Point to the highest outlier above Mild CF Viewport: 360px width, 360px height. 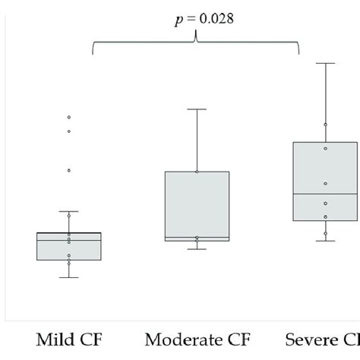[x=68, y=117]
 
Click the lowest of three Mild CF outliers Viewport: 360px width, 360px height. [x=68, y=170]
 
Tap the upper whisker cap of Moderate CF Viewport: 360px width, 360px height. [x=197, y=109]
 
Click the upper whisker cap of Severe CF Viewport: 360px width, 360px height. [x=325, y=63]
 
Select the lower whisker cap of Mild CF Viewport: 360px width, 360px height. [x=68, y=277]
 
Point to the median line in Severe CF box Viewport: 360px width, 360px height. [x=325, y=194]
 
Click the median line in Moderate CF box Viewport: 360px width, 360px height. [x=197, y=237]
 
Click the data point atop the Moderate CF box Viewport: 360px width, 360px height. [x=197, y=172]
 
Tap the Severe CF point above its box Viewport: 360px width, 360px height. [x=325, y=124]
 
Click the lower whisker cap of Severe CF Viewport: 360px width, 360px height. [x=325, y=241]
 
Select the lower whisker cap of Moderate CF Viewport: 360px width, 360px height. [x=197, y=249]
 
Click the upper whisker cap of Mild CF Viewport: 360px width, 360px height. [x=68, y=211]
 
